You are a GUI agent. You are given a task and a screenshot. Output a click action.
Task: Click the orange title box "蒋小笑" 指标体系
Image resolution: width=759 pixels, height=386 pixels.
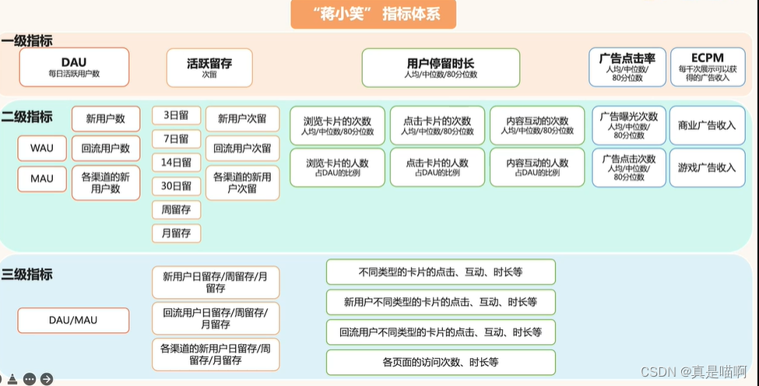pyautogui.click(x=373, y=15)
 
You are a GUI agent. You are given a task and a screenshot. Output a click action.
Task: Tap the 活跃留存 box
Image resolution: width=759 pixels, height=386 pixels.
pyautogui.click(x=209, y=68)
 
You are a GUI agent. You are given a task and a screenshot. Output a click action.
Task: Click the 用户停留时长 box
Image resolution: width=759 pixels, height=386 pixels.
pyautogui.click(x=441, y=68)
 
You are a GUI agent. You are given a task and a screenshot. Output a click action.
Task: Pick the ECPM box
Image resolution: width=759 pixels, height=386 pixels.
pyautogui.click(x=707, y=68)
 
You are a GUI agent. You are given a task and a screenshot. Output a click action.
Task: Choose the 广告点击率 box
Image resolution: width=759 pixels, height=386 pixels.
pyautogui.click(x=627, y=68)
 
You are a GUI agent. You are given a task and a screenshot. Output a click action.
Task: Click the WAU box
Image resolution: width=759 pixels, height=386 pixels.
pyautogui.click(x=42, y=148)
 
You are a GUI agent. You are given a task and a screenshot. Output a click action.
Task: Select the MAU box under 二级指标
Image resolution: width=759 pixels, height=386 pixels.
pyautogui.click(x=42, y=179)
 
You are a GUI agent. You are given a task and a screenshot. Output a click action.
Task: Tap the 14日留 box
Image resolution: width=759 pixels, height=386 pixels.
pyautogui.click(x=176, y=163)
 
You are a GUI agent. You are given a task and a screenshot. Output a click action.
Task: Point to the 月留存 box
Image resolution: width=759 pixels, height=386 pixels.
pyautogui.click(x=176, y=233)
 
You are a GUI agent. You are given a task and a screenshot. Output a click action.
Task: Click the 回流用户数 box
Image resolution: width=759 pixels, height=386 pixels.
pyautogui.click(x=106, y=148)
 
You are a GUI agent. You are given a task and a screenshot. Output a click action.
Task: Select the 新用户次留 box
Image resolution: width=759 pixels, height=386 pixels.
pyautogui.click(x=242, y=119)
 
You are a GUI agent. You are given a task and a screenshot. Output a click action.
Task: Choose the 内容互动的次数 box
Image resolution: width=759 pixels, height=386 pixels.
pyautogui.click(x=537, y=125)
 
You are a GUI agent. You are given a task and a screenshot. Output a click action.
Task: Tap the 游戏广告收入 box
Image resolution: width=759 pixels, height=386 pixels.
pyautogui.click(x=706, y=167)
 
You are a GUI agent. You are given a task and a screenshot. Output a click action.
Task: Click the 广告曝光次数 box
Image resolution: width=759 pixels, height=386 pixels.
pyautogui.click(x=629, y=125)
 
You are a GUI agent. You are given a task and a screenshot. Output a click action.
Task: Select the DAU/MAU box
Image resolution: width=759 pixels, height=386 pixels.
pyautogui.click(x=73, y=320)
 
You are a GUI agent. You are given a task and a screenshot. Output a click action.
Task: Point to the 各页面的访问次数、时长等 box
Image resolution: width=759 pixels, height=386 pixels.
pyautogui.click(x=441, y=363)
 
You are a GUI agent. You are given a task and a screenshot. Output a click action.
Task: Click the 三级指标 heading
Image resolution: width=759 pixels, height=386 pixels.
pyautogui.click(x=27, y=274)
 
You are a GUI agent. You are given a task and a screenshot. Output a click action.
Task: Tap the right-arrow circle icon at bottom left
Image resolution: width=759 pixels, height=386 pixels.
pyautogui.click(x=47, y=379)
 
